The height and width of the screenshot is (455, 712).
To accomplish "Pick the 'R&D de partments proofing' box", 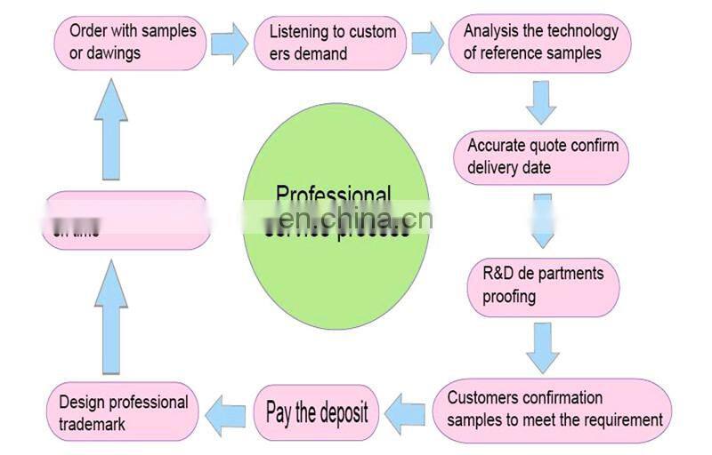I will pos(543,284).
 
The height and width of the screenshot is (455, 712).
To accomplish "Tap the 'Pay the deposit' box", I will pos(317,412).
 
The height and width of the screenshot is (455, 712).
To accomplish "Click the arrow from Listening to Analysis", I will pos(427,43).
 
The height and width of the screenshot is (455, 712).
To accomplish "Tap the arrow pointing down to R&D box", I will pos(542,220).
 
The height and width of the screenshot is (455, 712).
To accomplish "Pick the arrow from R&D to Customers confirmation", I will pos(542,347).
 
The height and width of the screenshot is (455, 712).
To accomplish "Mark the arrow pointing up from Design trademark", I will pos(111,315).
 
